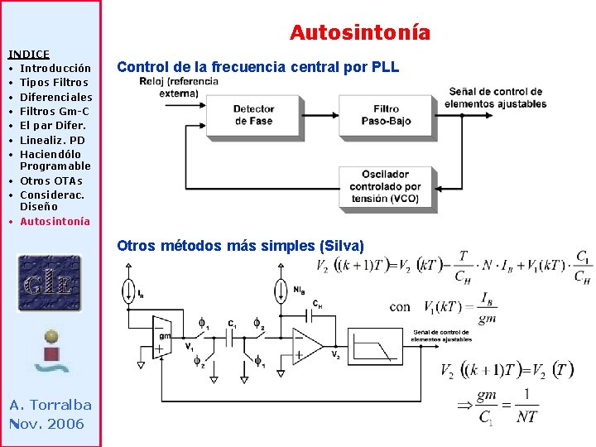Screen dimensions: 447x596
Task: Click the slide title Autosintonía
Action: [360, 33]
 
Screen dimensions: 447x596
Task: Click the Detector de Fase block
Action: [253, 115]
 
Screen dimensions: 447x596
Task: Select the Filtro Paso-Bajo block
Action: [385, 115]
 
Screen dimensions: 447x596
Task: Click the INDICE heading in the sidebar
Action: [29, 54]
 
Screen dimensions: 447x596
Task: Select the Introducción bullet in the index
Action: [55, 68]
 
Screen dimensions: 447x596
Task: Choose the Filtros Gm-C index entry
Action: [55, 111]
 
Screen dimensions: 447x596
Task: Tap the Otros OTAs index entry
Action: [50, 180]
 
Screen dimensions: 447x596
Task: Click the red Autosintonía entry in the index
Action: [55, 221]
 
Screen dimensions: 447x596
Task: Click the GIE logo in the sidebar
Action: [50, 282]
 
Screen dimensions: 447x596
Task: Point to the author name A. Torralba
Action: [50, 405]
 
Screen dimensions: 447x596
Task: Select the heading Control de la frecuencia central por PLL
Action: [258, 67]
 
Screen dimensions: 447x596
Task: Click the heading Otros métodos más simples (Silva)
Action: [240, 246]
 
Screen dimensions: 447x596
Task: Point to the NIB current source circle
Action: [280, 291]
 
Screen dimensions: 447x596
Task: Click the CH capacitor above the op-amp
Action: [311, 314]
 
